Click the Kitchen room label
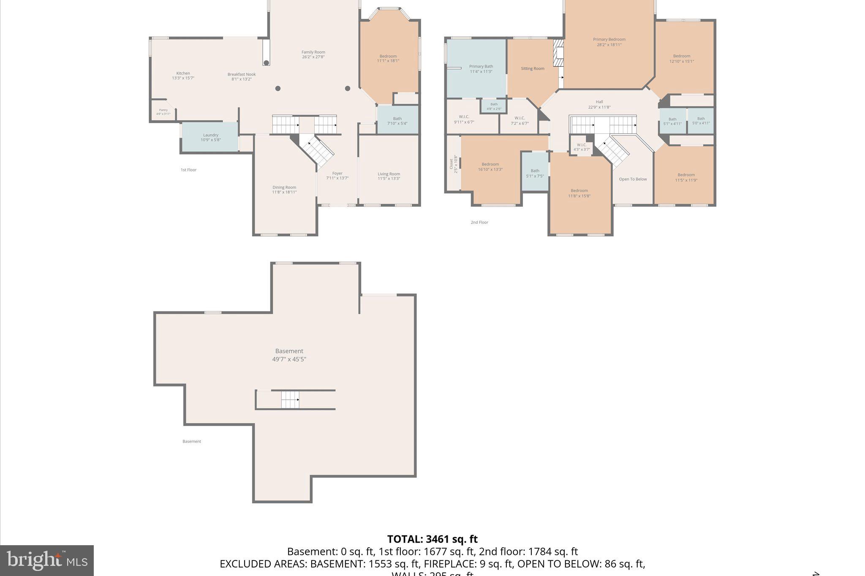tap(183, 73)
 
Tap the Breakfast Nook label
tap(242, 75)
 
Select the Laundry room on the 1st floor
tap(210, 137)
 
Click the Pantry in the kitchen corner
tap(163, 111)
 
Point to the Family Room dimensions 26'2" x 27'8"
tap(313, 57)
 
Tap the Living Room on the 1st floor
tap(389, 176)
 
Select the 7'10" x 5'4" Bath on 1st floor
tap(397, 121)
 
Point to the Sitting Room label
tap(532, 68)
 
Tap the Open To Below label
tap(633, 179)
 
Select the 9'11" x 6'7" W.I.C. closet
tap(464, 119)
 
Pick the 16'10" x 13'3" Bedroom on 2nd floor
tap(490, 167)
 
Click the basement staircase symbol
tap(290, 400)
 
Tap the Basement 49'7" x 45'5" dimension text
tap(289, 360)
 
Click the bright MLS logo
tap(47, 560)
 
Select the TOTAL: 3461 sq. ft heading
tap(432, 539)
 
